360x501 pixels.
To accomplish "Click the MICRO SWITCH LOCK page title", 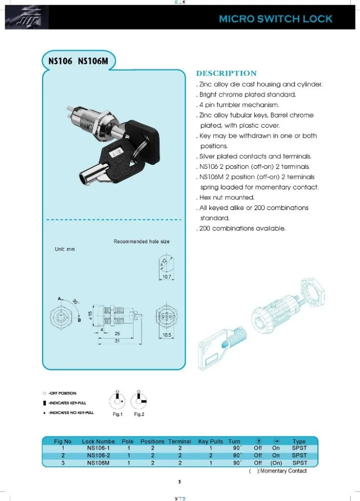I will tap(275, 19).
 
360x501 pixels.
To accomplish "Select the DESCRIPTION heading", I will tap(226, 73).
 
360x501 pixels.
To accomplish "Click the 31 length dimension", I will tap(118, 342).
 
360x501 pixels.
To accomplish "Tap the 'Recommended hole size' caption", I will tap(141, 241).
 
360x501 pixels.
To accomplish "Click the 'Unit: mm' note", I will tap(65, 249).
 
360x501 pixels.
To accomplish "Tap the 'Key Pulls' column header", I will tap(210, 441).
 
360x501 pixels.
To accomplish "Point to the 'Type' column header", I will tap(299, 441).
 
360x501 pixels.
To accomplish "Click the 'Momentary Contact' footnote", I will tap(283, 471).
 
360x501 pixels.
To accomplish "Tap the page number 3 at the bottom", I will tap(179, 482).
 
